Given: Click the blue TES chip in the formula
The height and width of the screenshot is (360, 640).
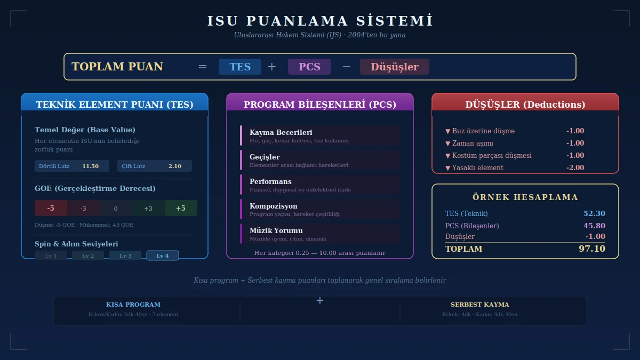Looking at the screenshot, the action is pyautogui.click(x=240, y=67).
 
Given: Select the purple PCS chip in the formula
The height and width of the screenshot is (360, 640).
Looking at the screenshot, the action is pyautogui.click(x=309, y=67).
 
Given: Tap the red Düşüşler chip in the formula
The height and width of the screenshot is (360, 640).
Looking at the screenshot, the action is pyautogui.click(x=395, y=67).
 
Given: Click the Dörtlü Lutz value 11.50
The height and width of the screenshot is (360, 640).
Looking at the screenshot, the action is pyautogui.click(x=91, y=166).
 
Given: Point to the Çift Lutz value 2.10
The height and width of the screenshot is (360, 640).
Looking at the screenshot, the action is pyautogui.click(x=175, y=166).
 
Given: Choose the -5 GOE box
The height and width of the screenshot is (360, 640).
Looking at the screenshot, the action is pyautogui.click(x=51, y=208).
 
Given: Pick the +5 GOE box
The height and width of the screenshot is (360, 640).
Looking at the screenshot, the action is pyautogui.click(x=181, y=208).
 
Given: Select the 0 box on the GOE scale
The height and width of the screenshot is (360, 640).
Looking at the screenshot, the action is pyautogui.click(x=116, y=208).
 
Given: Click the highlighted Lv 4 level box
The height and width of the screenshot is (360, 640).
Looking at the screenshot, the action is pyautogui.click(x=163, y=255).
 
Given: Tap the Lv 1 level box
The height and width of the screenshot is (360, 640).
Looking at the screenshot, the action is pyautogui.click(x=51, y=255).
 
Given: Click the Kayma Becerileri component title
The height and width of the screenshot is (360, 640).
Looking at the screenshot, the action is pyautogui.click(x=281, y=132).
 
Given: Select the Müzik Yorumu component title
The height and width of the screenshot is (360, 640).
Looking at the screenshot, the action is pyautogui.click(x=276, y=230).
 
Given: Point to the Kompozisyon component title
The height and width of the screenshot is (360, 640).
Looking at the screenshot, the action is pyautogui.click(x=274, y=206).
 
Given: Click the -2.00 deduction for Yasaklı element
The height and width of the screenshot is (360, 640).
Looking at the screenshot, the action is pyautogui.click(x=575, y=167).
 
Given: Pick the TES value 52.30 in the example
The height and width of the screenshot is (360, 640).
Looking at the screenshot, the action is pyautogui.click(x=594, y=213).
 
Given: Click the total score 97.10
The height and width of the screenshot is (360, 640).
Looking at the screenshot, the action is pyautogui.click(x=592, y=249).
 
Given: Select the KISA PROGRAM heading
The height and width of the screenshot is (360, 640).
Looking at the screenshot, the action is pyautogui.click(x=133, y=305).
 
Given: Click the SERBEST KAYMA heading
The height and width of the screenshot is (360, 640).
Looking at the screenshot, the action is pyautogui.click(x=480, y=305).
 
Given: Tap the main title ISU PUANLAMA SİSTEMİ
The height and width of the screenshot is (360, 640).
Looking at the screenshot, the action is pyautogui.click(x=320, y=21).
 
